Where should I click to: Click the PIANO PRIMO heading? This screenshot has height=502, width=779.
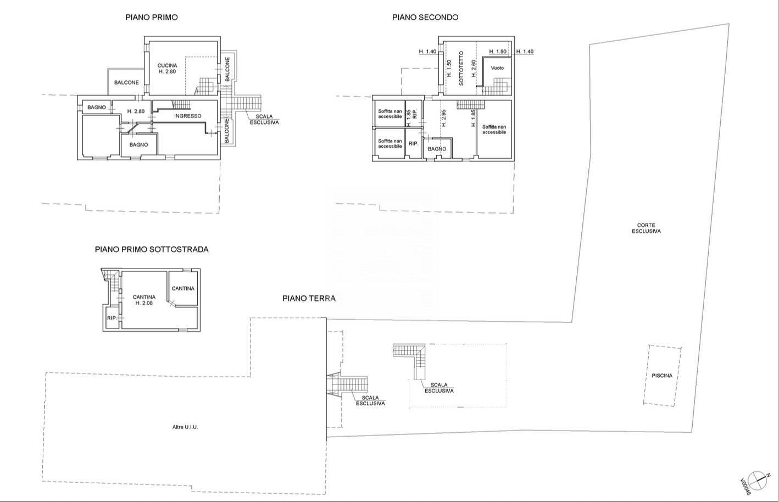pyautogui.click(x=151, y=18)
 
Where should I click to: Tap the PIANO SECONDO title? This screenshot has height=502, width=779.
pyautogui.click(x=425, y=18)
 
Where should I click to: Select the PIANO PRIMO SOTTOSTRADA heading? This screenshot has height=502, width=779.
pyautogui.click(x=152, y=249)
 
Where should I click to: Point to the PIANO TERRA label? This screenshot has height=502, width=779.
pyautogui.click(x=309, y=298)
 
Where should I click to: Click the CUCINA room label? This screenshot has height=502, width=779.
pyautogui.click(x=167, y=65)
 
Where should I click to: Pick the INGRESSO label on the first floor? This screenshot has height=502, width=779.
pyautogui.click(x=188, y=116)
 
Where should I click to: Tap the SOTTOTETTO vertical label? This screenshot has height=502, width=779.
pyautogui.click(x=461, y=69)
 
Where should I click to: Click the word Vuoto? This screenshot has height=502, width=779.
pyautogui.click(x=497, y=68)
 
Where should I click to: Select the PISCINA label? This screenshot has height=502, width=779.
pyautogui.click(x=662, y=376)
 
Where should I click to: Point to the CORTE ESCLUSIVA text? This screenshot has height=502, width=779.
pyautogui.click(x=646, y=228)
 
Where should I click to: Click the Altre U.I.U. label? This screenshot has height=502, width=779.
pyautogui.click(x=185, y=427)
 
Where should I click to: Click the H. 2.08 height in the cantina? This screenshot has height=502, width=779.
pyautogui.click(x=144, y=303)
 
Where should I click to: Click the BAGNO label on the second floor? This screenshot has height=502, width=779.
pyautogui.click(x=437, y=149)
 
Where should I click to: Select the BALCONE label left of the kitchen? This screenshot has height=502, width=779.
pyautogui.click(x=126, y=82)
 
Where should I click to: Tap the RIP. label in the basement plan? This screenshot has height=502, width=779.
pyautogui.click(x=112, y=318)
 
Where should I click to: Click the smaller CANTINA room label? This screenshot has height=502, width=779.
pyautogui.click(x=183, y=288)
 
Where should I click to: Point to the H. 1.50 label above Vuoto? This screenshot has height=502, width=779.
pyautogui.click(x=498, y=52)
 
